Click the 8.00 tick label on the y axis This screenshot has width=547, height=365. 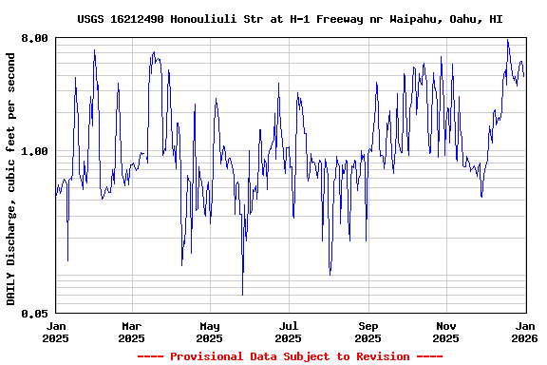click(x=34, y=38)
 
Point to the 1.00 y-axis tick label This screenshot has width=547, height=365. click(x=34, y=151)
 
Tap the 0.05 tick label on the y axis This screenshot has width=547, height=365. click(x=34, y=313)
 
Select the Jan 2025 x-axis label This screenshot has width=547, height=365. click(x=56, y=332)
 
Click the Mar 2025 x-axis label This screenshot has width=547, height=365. click(x=131, y=332)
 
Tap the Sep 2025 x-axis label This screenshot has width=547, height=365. click(x=368, y=332)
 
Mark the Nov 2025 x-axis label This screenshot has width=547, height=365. click(x=445, y=332)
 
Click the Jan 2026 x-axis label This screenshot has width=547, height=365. click(x=524, y=332)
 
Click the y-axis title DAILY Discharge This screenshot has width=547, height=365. click(x=11, y=180)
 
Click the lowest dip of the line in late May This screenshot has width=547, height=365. click(x=242, y=295)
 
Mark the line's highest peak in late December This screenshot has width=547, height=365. click(x=508, y=40)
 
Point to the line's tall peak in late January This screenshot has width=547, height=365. click(x=94, y=49)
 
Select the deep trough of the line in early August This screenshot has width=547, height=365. click(x=330, y=274)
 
